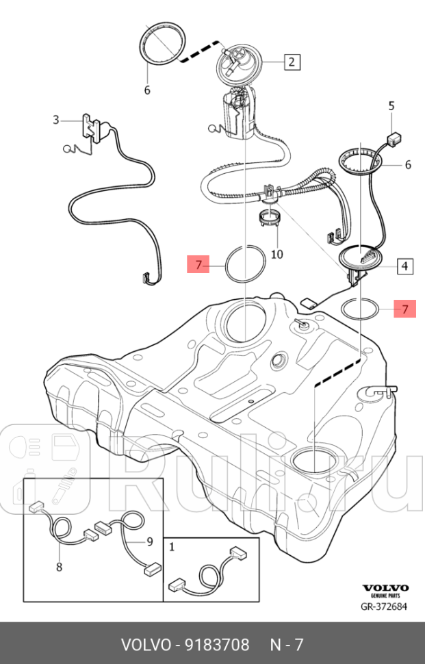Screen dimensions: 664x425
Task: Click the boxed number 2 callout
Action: [x=291, y=62]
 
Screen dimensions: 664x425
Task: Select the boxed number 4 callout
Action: [x=404, y=266]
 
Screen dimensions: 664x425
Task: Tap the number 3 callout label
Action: [x=56, y=120]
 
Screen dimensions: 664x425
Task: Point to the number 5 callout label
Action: [x=391, y=105]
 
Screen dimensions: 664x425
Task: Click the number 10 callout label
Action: [x=276, y=254]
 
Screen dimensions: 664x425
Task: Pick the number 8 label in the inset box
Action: [x=59, y=567]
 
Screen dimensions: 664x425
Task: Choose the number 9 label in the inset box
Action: [x=149, y=543]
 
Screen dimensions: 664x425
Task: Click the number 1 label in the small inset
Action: [x=172, y=547]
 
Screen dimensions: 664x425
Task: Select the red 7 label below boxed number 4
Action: [x=404, y=309]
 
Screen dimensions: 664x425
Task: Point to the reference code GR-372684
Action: [x=384, y=606]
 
